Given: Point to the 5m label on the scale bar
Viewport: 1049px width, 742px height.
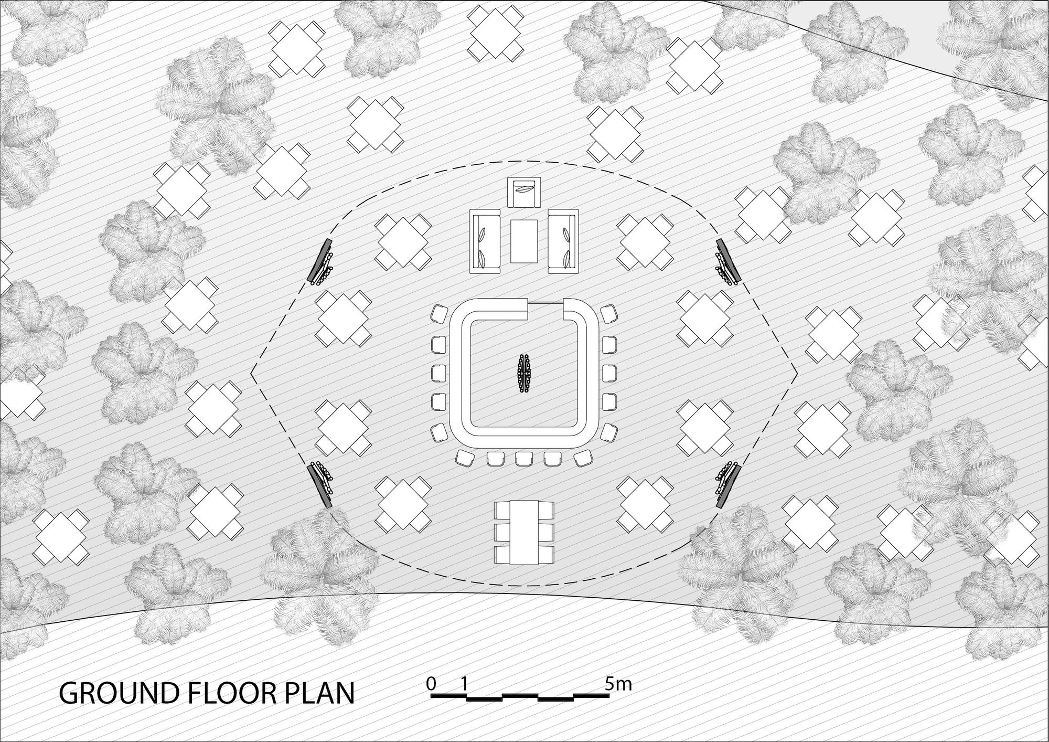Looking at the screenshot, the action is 618,684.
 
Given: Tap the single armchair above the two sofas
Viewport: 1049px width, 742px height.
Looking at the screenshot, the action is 524,192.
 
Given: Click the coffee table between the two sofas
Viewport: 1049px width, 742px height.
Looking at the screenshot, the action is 524,241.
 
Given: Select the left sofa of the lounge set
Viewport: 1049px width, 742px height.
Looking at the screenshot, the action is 485,241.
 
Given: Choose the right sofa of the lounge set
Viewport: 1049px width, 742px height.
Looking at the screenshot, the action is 563,241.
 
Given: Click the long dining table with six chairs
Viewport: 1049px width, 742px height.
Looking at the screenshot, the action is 524,533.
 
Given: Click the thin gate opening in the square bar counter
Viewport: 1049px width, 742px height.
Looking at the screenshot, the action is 545,303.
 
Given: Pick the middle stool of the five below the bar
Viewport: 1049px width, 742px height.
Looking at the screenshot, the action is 524,459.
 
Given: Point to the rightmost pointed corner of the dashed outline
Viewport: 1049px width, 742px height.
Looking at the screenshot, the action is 797,373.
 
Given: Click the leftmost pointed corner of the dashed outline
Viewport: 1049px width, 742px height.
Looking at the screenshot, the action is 251,373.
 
